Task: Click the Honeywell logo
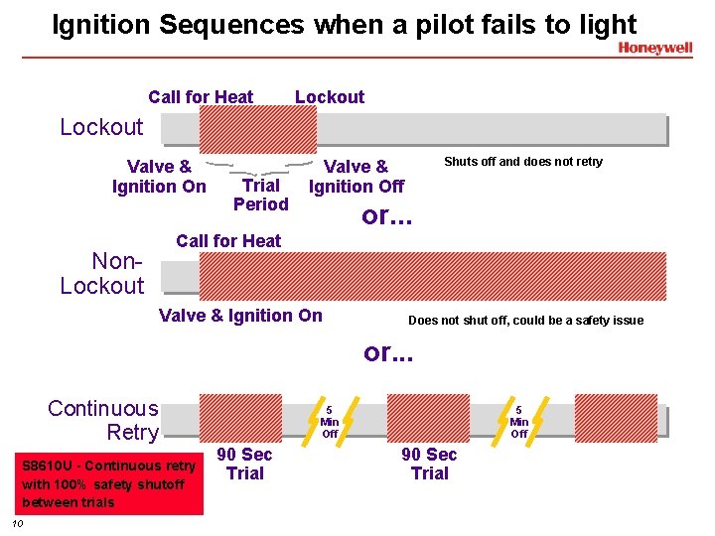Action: point(654,48)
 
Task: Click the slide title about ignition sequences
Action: point(344,24)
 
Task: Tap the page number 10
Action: point(17,523)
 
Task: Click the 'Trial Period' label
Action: point(260,195)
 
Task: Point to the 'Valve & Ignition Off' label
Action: point(357,177)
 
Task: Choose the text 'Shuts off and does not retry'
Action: point(522,162)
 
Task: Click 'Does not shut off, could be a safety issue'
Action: point(525,321)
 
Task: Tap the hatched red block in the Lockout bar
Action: point(257,130)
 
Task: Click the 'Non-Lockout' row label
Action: point(102,274)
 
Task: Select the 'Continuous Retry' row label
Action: point(103,420)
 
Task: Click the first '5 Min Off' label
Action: point(330,421)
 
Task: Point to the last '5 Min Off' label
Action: point(518,421)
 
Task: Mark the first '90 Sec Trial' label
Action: point(244,464)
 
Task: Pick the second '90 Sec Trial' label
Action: point(429,464)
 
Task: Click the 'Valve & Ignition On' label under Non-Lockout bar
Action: point(240,316)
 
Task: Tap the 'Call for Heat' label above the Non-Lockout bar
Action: point(227,240)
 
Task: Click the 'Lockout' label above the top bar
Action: point(329,97)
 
